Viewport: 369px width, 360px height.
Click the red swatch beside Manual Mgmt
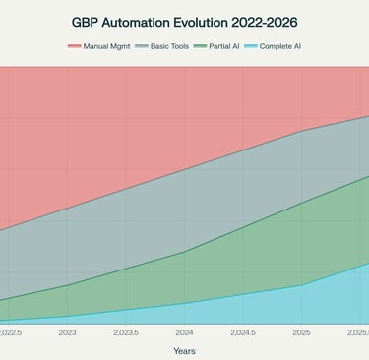[x=75, y=46]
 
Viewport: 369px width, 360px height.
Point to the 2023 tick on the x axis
[x=68, y=333]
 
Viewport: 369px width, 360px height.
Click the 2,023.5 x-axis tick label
[x=126, y=333]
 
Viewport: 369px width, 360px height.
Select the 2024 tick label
[x=184, y=333]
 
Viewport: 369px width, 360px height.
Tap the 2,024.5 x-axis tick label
[x=242, y=333]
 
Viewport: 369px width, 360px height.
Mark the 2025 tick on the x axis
[x=301, y=333]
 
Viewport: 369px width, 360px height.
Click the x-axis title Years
[x=184, y=350]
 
